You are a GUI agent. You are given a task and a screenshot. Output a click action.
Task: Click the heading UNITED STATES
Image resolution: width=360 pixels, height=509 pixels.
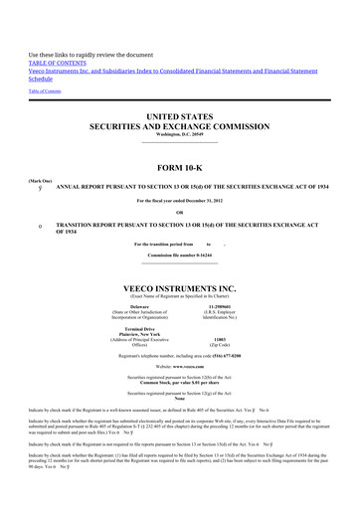click(x=180, y=117)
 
